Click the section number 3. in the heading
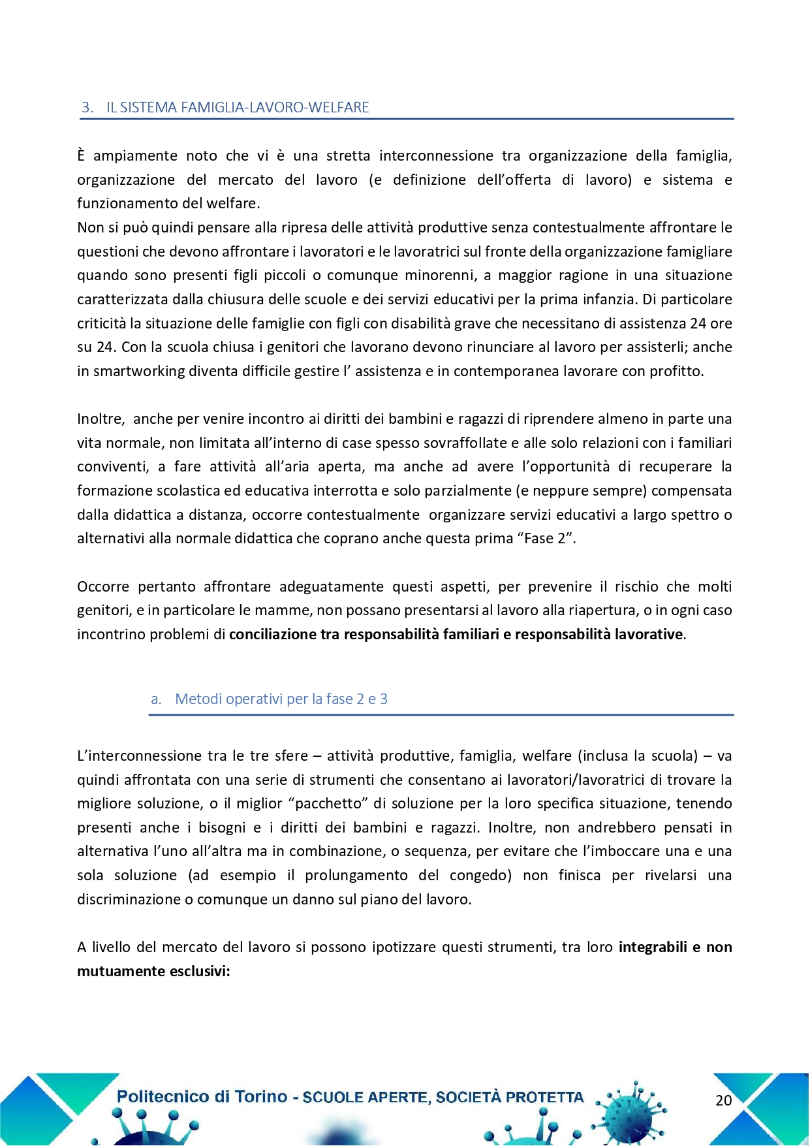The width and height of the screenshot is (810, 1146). click(x=87, y=108)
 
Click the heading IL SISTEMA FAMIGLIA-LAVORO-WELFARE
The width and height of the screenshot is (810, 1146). click(x=238, y=108)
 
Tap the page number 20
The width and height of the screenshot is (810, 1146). click(x=723, y=1100)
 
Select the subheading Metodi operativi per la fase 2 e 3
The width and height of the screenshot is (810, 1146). click(x=281, y=699)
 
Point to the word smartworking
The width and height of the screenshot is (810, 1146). click(x=139, y=372)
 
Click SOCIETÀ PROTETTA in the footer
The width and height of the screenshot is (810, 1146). click(x=510, y=1098)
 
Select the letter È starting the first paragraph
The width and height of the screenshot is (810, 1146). click(x=82, y=155)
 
